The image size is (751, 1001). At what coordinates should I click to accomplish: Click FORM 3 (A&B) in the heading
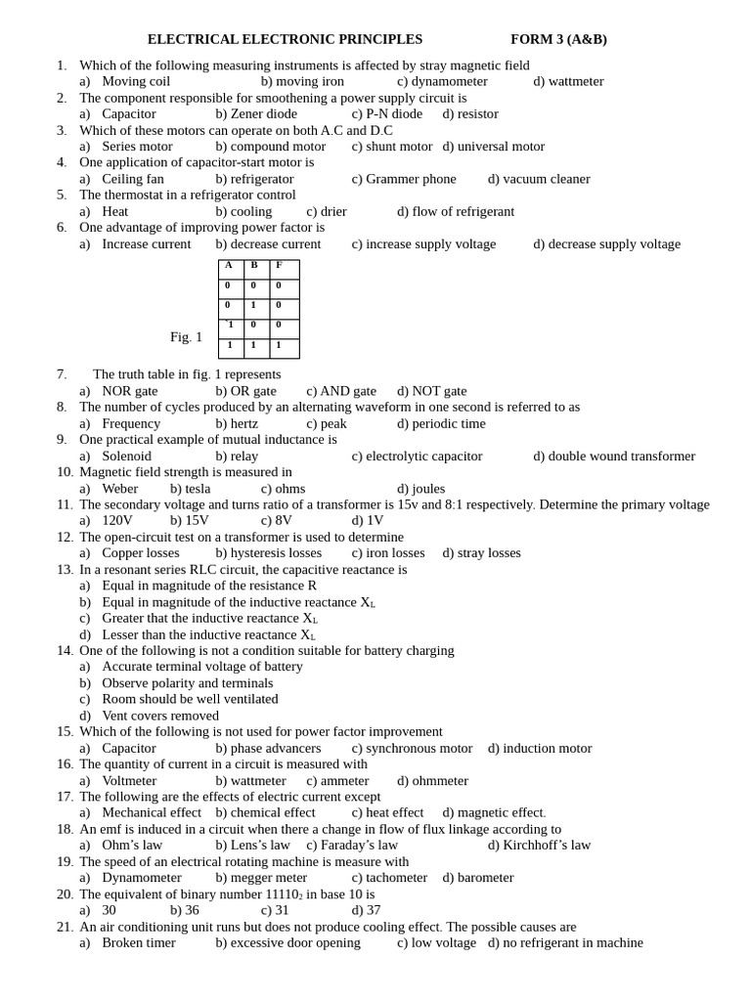tap(558, 39)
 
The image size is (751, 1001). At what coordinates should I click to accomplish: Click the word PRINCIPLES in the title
tap(380, 39)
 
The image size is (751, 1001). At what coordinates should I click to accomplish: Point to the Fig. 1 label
tap(186, 337)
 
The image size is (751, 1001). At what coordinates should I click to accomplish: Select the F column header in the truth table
tap(280, 265)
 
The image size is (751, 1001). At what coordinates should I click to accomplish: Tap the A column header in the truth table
tap(229, 265)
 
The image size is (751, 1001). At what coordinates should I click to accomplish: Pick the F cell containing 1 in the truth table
tap(280, 345)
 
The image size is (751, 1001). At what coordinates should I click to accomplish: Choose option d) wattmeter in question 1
tap(568, 81)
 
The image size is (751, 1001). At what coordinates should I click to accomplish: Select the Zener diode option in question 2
tap(256, 113)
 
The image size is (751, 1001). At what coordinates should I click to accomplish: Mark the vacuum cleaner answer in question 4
tap(539, 179)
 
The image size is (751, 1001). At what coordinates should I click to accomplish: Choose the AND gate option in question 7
tap(341, 391)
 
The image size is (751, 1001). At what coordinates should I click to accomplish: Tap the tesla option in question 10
tap(191, 489)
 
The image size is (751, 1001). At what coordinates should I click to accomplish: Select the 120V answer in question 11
tap(116, 521)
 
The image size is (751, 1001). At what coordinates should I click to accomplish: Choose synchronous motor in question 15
tap(412, 748)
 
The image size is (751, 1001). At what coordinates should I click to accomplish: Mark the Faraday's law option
tap(352, 846)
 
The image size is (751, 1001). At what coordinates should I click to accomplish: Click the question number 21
tap(65, 927)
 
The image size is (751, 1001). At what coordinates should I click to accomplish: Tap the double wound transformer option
tap(614, 457)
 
